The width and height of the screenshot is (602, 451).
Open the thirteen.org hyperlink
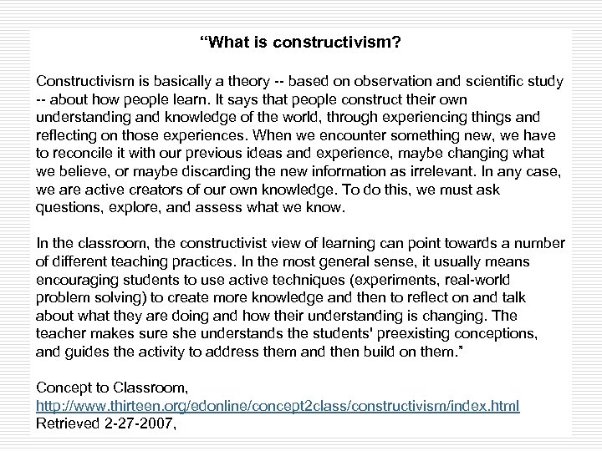pyautogui.click(x=277, y=405)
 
